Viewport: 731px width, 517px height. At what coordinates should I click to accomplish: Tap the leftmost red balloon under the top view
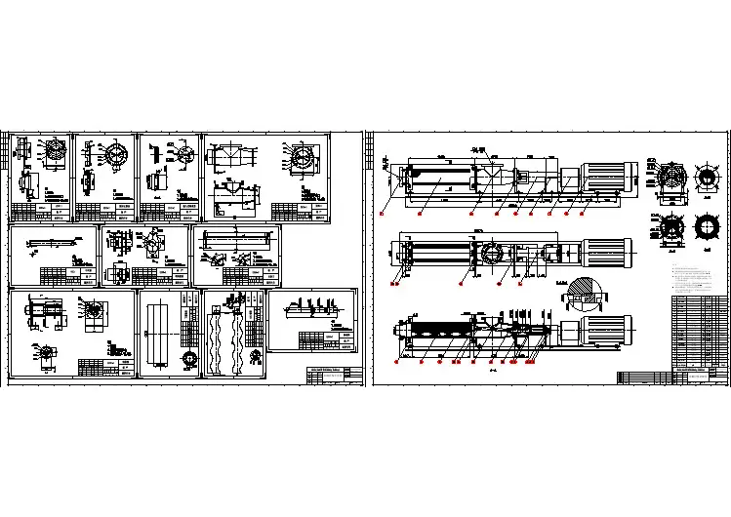pos(383,212)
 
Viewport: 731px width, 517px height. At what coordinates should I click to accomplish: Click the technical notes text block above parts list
pos(697,278)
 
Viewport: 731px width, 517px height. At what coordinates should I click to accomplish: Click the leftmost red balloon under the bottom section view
pos(397,362)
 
